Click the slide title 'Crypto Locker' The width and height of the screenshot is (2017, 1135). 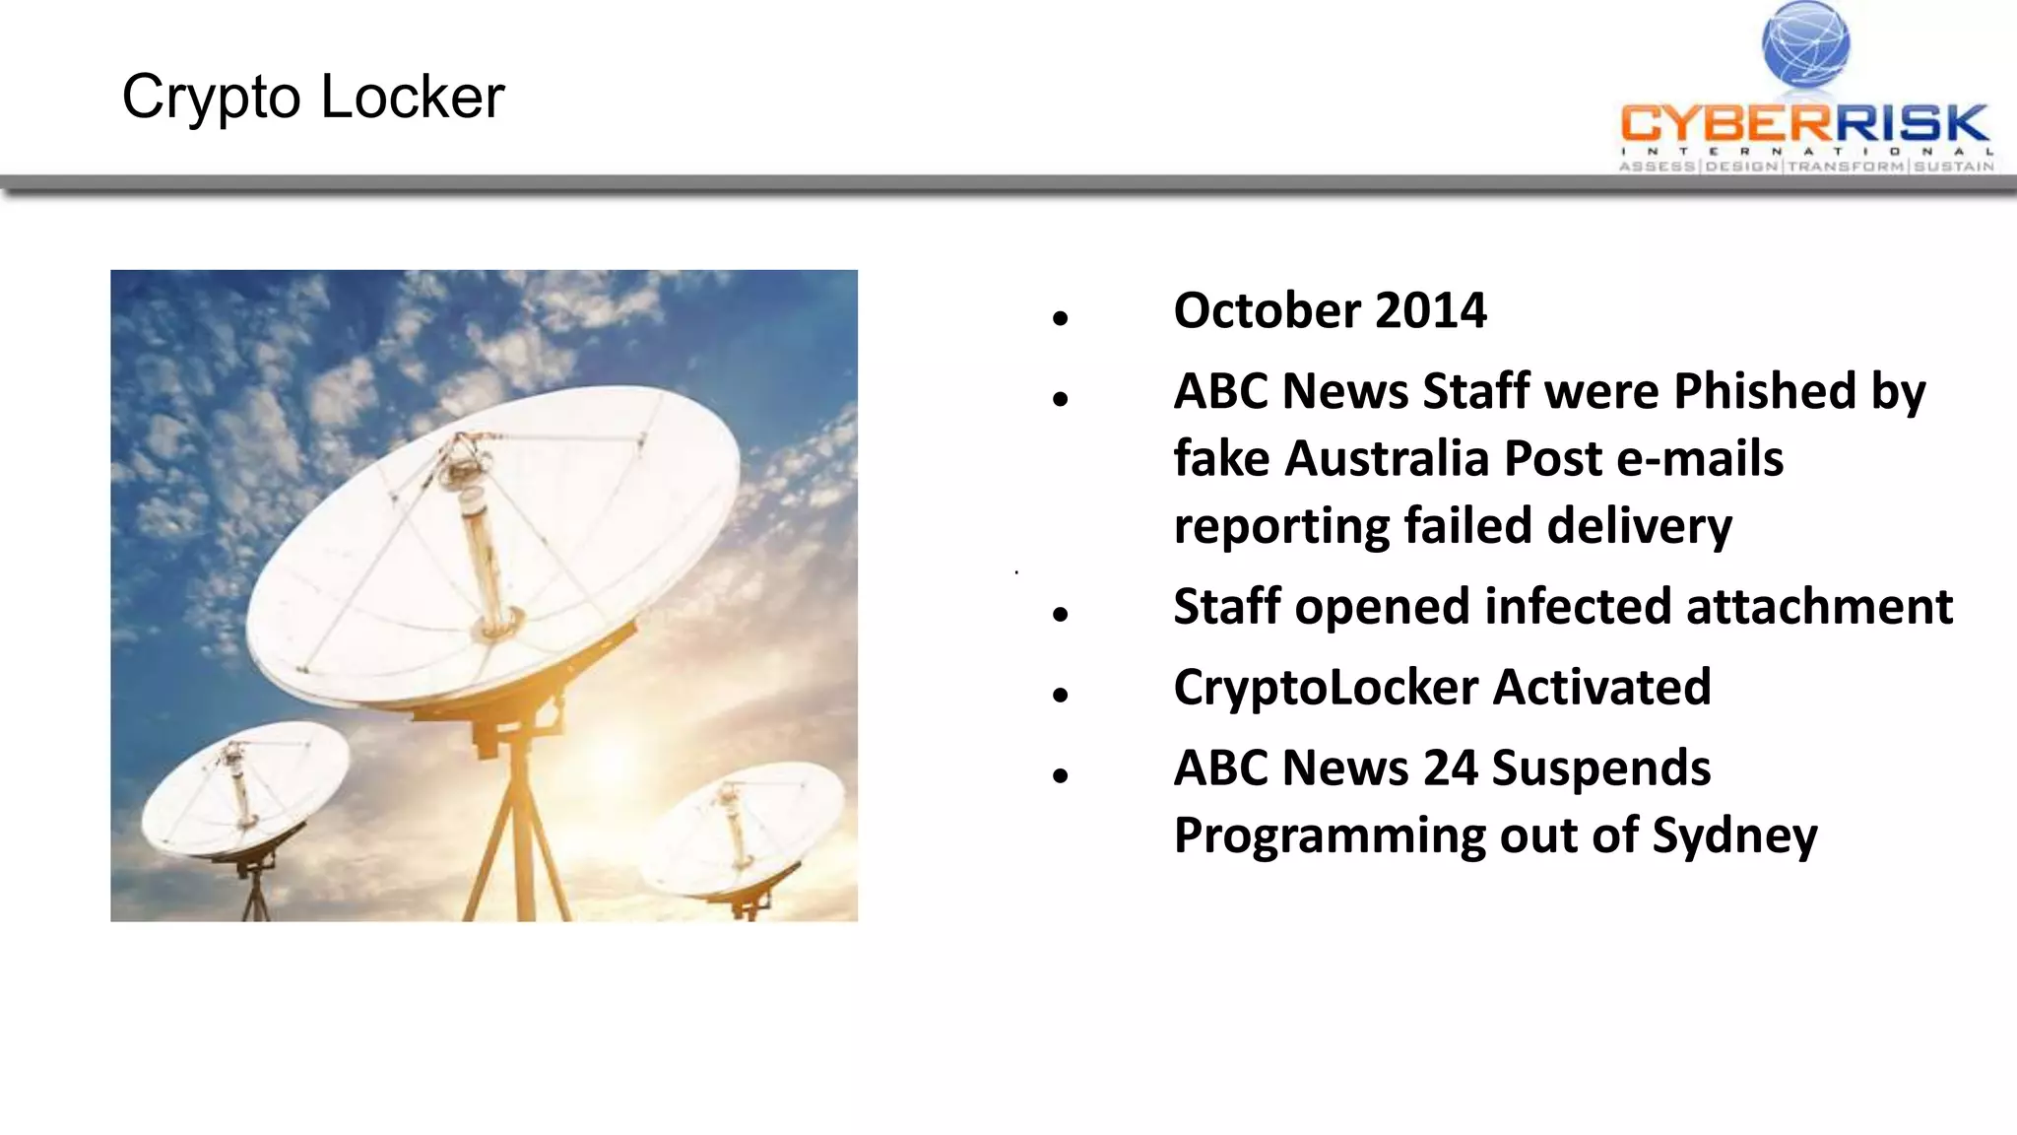tap(313, 98)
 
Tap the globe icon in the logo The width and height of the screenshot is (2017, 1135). tap(1805, 44)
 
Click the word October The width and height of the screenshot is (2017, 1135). tap(1268, 311)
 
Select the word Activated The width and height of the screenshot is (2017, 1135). tap(1602, 688)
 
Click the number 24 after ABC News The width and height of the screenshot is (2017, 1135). tap(1451, 768)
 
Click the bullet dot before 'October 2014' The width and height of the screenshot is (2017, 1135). tap(1060, 318)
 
